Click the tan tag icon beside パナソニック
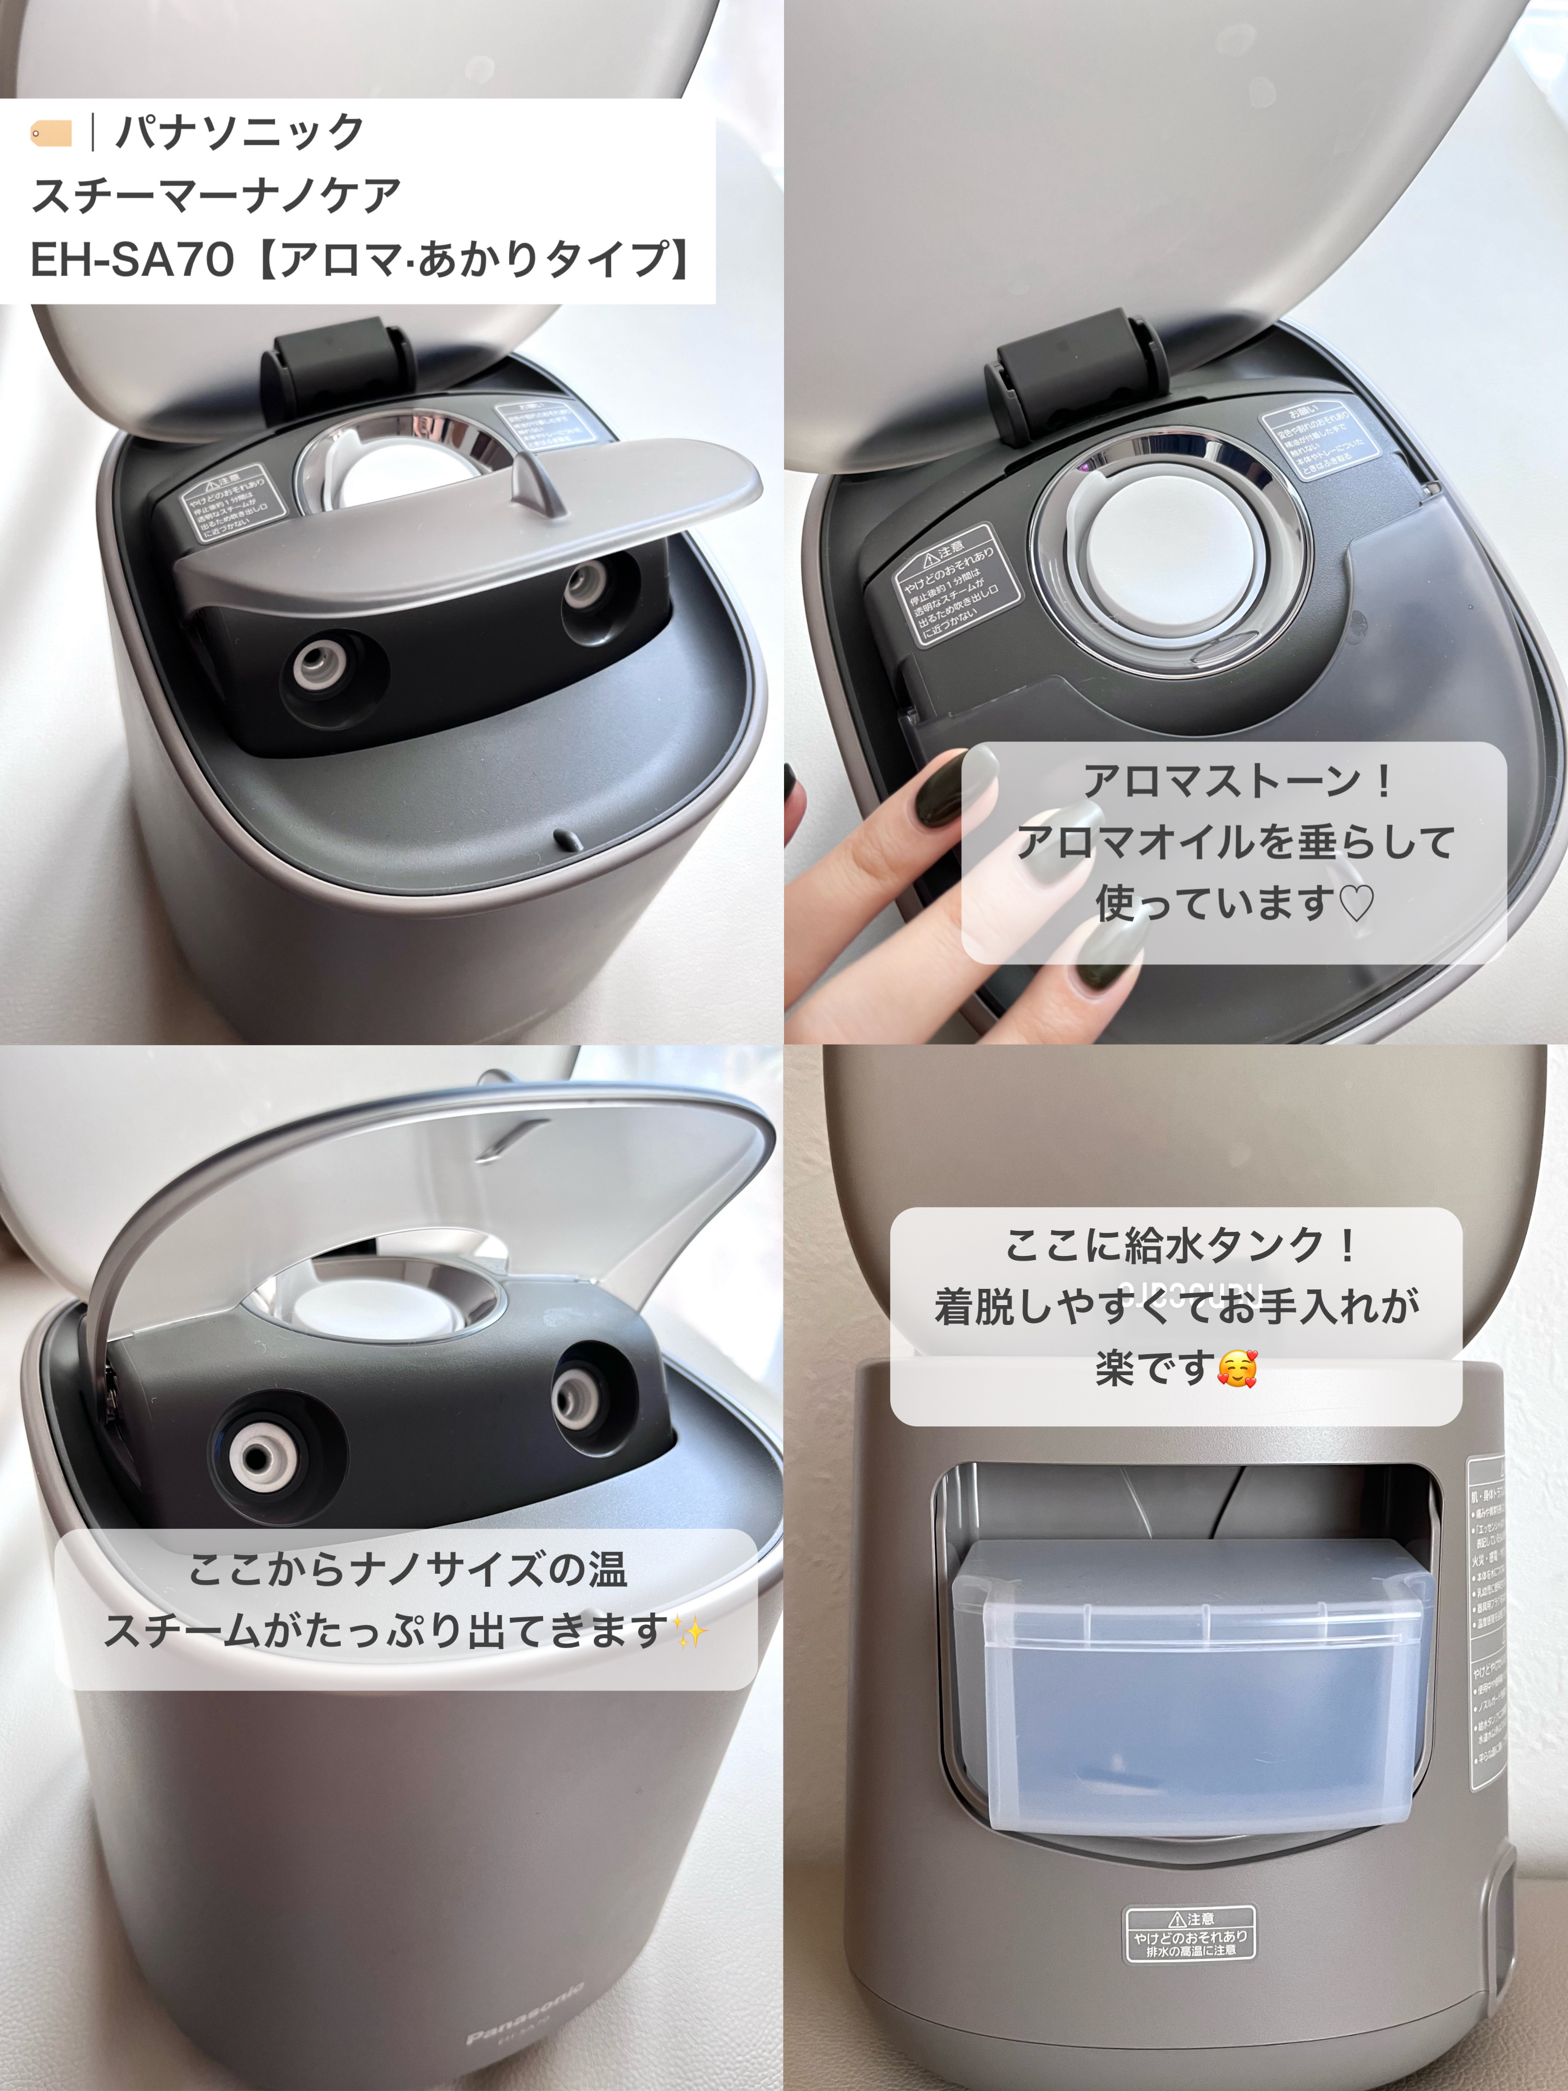[x=51, y=133]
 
